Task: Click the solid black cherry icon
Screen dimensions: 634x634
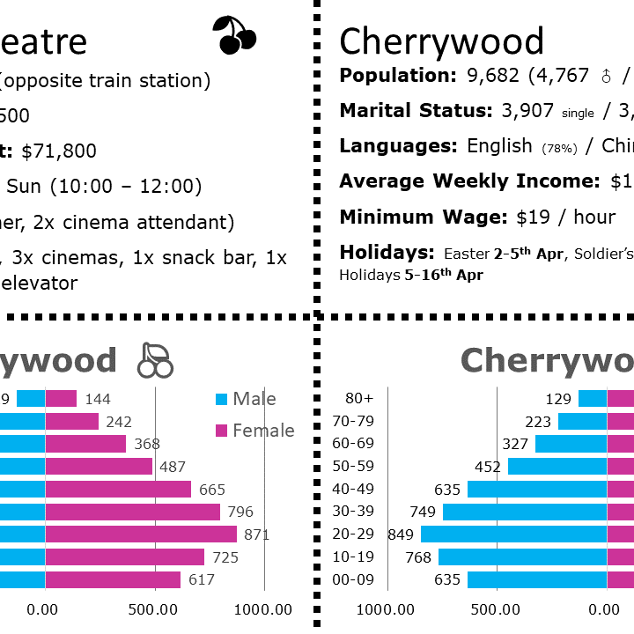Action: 234,35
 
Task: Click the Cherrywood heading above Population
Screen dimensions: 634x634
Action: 441,41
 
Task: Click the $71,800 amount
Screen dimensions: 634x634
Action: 59,151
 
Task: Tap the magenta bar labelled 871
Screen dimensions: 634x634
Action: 141,534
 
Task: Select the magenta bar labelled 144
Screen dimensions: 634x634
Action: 61,399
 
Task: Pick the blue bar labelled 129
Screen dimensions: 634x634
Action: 593,399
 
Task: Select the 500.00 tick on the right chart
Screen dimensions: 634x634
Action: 497,608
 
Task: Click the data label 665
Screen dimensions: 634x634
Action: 212,490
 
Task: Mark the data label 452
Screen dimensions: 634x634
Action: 487,467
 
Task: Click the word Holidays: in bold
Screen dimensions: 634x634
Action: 387,253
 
